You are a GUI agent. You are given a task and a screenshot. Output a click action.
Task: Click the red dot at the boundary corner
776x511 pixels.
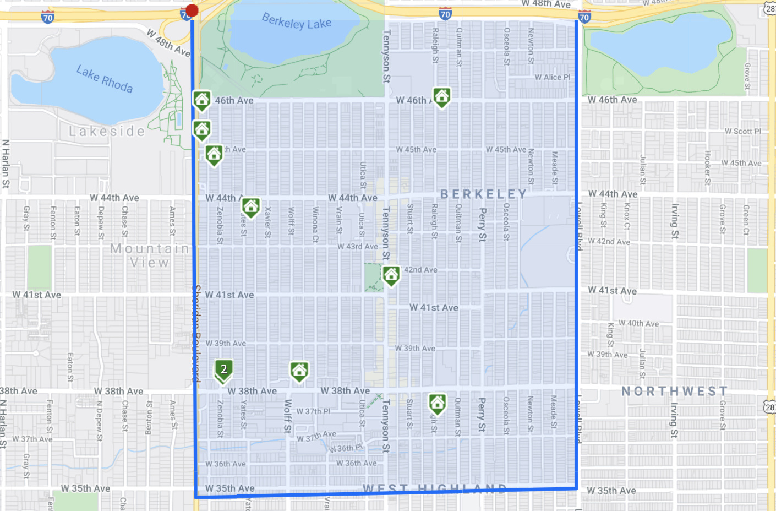click(x=192, y=10)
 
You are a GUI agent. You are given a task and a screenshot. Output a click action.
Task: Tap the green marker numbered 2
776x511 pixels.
click(x=223, y=370)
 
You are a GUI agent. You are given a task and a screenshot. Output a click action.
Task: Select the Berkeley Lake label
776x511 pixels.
click(x=297, y=21)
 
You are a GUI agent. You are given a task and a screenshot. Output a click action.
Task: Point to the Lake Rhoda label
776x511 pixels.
click(x=105, y=79)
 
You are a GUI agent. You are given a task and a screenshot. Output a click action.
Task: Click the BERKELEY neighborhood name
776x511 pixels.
click(x=484, y=194)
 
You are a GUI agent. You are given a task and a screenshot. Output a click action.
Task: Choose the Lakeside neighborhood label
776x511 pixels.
click(x=107, y=131)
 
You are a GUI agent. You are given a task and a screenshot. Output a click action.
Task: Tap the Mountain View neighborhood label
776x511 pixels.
click(x=150, y=255)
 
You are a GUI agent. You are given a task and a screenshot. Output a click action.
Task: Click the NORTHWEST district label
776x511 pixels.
click(x=675, y=391)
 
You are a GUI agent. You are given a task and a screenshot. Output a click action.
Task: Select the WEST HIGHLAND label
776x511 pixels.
click(x=435, y=488)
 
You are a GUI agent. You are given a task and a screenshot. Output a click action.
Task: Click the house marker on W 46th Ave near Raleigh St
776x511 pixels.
click(x=441, y=96)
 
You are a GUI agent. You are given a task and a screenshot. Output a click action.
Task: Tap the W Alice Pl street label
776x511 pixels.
click(x=553, y=77)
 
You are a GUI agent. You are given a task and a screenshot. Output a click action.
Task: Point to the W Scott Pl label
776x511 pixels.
click(x=743, y=131)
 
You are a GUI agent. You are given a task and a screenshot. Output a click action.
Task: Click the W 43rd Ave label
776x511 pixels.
click(x=358, y=246)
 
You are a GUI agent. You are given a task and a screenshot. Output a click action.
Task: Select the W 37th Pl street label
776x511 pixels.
click(x=313, y=411)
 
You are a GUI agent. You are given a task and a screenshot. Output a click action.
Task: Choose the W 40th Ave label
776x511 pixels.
click(x=638, y=323)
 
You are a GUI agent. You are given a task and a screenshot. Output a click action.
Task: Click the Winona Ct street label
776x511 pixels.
click(x=315, y=225)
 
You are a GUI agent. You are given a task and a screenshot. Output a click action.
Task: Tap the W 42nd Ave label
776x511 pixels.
click(x=609, y=241)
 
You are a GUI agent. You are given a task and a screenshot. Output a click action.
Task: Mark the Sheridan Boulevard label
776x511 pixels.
click(x=196, y=333)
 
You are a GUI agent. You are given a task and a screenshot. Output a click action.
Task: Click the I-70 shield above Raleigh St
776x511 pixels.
click(x=445, y=15)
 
